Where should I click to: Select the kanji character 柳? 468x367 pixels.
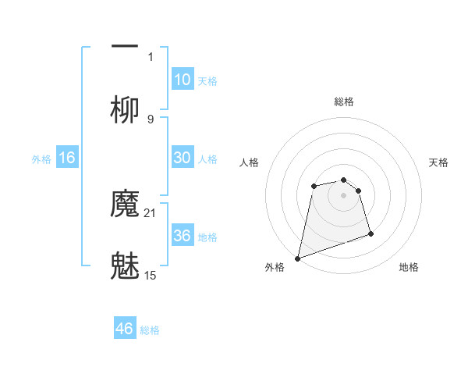coord(125,109)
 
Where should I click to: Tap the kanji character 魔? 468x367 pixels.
coord(125,205)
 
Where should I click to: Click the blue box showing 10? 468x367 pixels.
coord(183,80)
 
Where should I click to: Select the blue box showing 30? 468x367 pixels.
coord(183,158)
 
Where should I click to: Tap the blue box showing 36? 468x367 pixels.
coord(183,236)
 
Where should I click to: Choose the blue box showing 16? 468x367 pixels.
coord(67,158)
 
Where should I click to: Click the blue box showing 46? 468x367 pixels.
coord(125,329)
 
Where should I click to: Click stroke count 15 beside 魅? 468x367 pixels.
coord(151,275)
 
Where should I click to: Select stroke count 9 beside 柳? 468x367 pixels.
coord(151,119)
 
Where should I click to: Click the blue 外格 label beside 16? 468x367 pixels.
coord(41,159)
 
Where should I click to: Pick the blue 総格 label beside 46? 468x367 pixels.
coord(150,330)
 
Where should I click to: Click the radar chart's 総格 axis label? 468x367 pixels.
coord(344,102)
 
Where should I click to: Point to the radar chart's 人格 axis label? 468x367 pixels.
coord(249,162)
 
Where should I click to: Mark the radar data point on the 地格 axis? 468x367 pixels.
coord(370,233)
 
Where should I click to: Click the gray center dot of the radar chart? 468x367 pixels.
coord(344,195)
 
